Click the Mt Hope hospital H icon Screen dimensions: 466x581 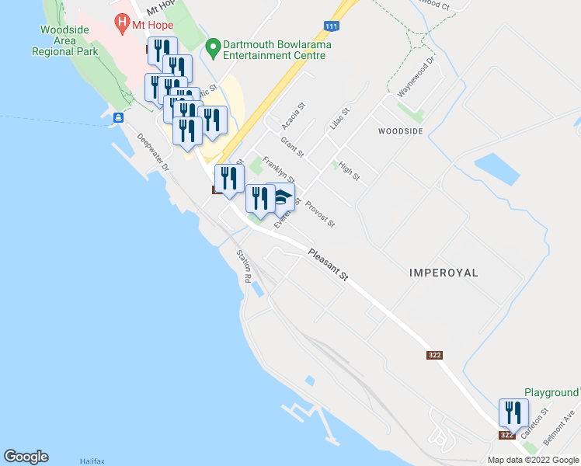[x=121, y=23]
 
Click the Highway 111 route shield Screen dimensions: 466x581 [x=332, y=27]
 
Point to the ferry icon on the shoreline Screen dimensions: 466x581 [x=118, y=118]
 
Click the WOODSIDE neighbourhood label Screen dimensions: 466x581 [x=401, y=131]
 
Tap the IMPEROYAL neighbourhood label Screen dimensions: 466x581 [x=444, y=273]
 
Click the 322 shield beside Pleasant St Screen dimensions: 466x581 [x=434, y=355]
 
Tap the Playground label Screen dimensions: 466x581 [x=551, y=393]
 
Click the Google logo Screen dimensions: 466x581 [x=26, y=457]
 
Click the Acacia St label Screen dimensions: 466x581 [x=294, y=115]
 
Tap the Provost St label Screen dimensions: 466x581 [x=320, y=214]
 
